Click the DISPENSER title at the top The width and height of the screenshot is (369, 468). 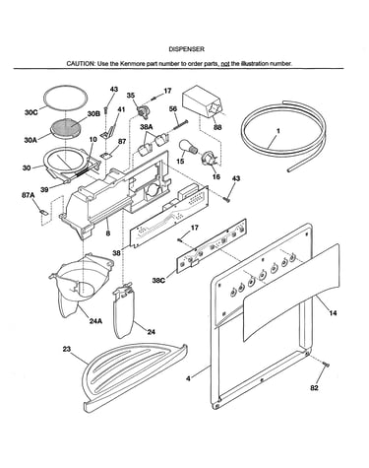pos(186,49)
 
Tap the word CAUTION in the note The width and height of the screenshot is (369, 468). pos(81,63)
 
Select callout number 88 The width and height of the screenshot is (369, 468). pos(217,127)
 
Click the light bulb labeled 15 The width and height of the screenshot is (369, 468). pos(188,147)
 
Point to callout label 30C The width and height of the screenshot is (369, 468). pos(31,112)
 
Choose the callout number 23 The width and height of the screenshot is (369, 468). pos(67,350)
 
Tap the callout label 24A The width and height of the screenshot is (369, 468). pos(95,321)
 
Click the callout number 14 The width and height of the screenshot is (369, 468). pos(333,313)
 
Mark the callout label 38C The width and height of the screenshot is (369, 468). pos(158,281)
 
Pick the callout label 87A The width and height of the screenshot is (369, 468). pos(29,196)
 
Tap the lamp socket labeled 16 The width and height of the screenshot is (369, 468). pos(210,158)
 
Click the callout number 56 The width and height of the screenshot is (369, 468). pos(173,109)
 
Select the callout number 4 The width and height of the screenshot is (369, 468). pos(188,378)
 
